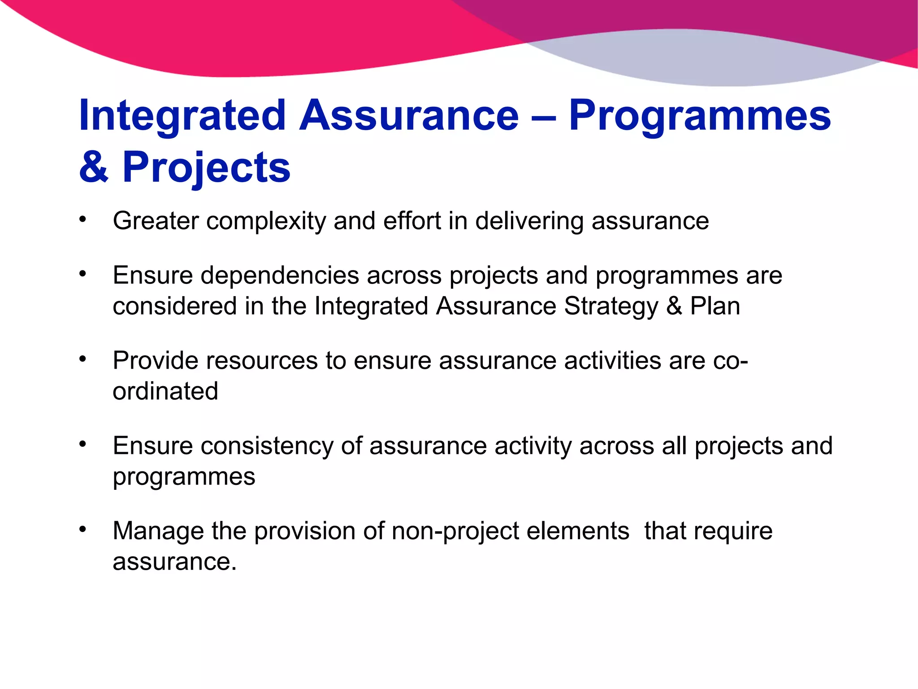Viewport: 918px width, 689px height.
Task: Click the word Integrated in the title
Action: tap(182, 116)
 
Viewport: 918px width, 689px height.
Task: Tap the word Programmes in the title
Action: tap(700, 116)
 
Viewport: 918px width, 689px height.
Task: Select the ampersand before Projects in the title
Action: tap(94, 167)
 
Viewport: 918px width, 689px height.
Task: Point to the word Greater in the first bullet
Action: tap(156, 221)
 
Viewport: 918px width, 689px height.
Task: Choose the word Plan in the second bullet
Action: tap(715, 306)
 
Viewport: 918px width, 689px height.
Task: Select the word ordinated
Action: tap(165, 392)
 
